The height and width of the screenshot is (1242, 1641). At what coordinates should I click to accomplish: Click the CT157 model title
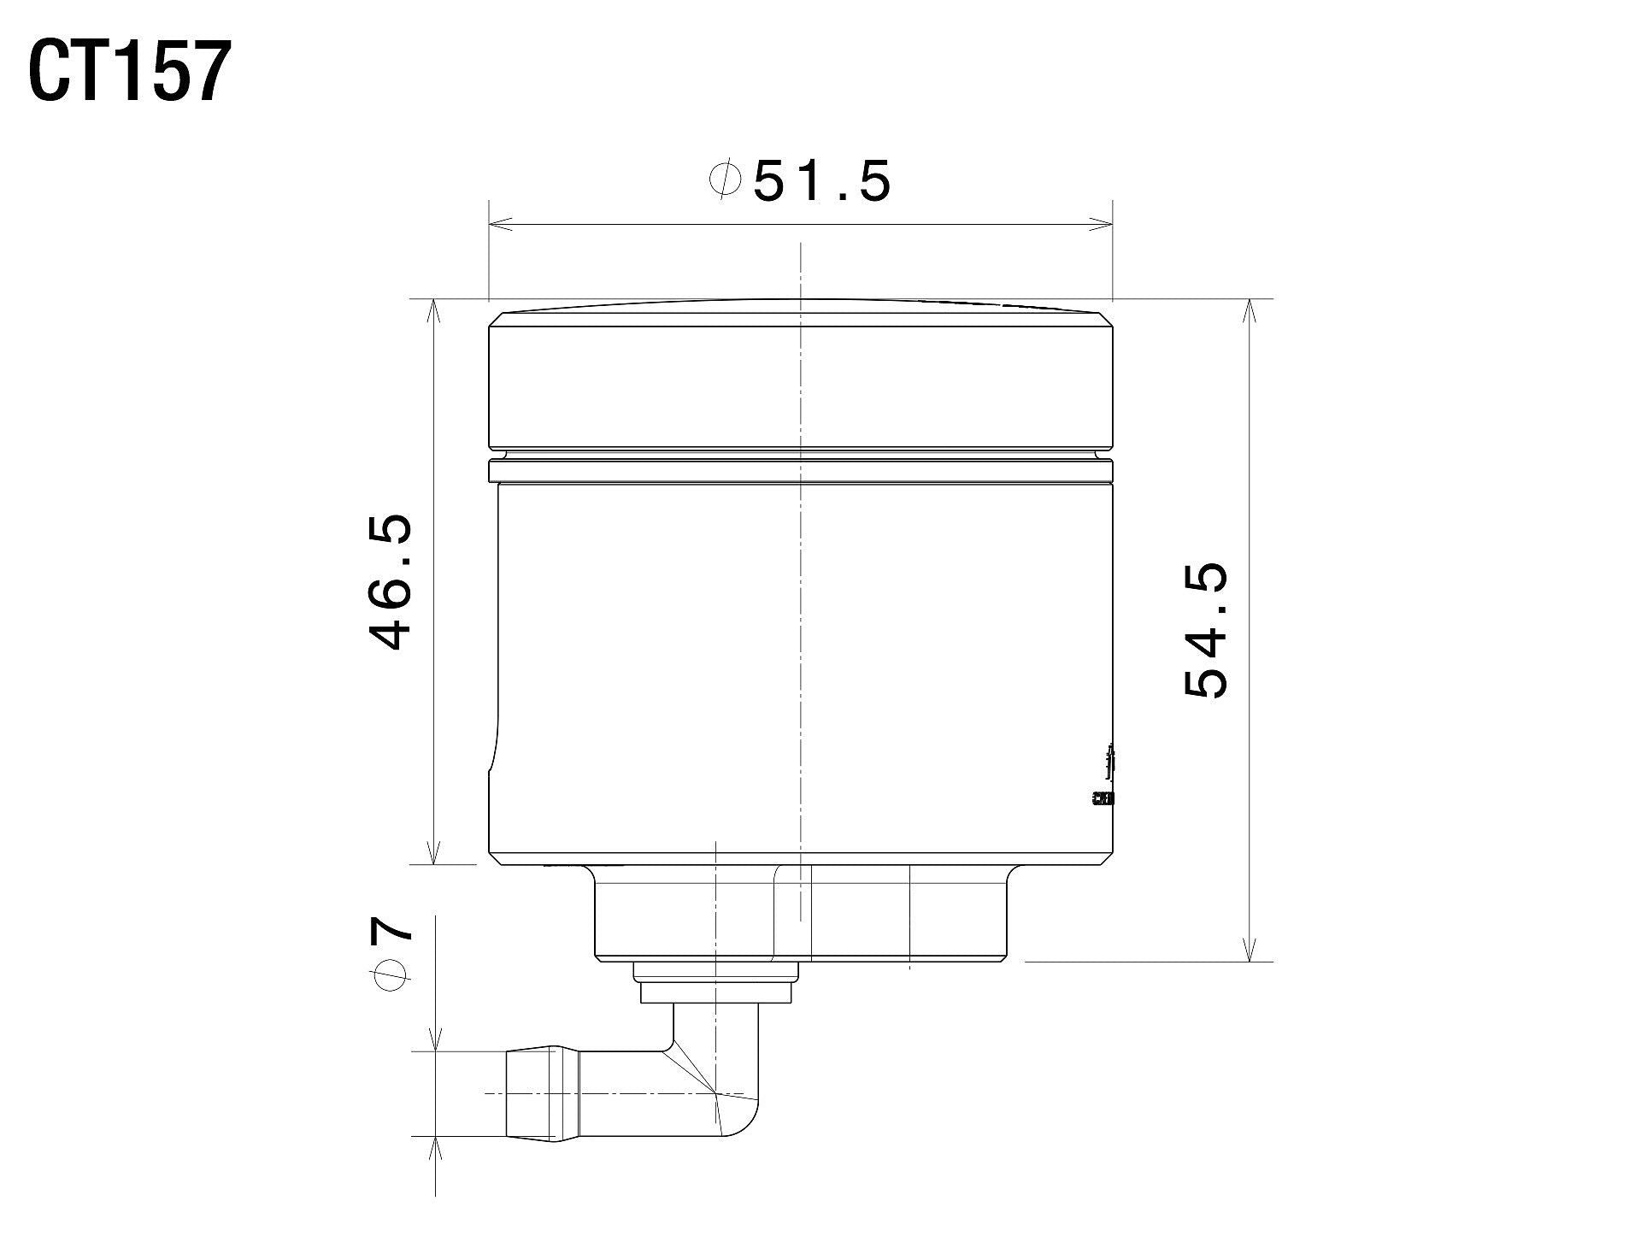[x=130, y=74]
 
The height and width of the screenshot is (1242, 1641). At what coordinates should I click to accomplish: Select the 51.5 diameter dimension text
[x=821, y=181]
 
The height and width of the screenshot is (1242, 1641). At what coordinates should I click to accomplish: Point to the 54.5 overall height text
[x=1207, y=630]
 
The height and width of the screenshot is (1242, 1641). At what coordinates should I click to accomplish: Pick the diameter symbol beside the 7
[x=391, y=975]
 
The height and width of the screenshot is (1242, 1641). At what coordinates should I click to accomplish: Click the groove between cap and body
[x=801, y=454]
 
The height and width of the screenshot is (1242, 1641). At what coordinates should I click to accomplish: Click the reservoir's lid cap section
[x=801, y=380]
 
